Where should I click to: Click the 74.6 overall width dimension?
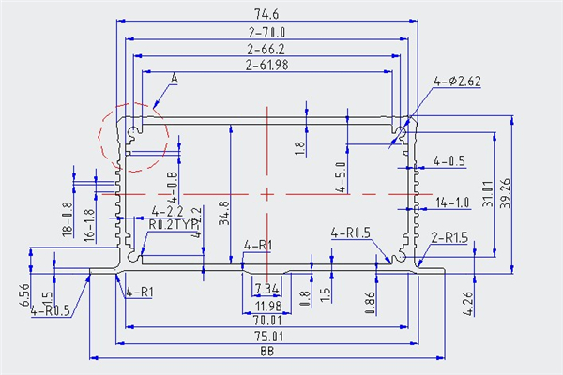tap(267, 13)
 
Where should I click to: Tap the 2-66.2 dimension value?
tap(266, 49)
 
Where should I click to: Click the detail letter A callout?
tap(175, 80)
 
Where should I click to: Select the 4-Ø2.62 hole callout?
tap(457, 82)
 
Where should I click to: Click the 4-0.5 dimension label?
tap(449, 161)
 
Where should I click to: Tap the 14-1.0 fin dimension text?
tap(452, 202)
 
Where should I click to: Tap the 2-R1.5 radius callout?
tap(449, 238)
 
